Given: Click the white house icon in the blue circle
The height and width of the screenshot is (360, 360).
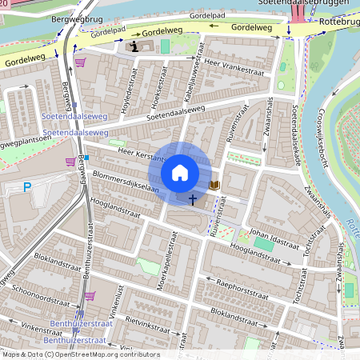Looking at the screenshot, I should click(180, 173).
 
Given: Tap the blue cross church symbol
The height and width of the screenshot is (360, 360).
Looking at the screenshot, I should click(193, 198).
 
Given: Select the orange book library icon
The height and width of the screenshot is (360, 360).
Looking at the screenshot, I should click(214, 185).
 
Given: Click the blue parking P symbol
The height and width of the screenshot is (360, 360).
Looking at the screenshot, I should click(27, 188).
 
